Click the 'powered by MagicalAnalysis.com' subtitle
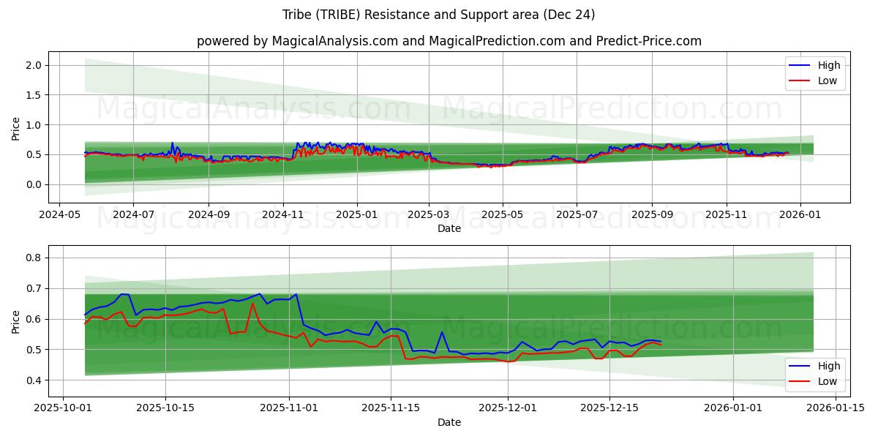[x=449, y=41]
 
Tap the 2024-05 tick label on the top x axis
[x=59, y=215]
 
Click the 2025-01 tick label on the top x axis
[x=357, y=215]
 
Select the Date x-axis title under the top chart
[x=449, y=228]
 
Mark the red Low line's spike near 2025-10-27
[x=252, y=304]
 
